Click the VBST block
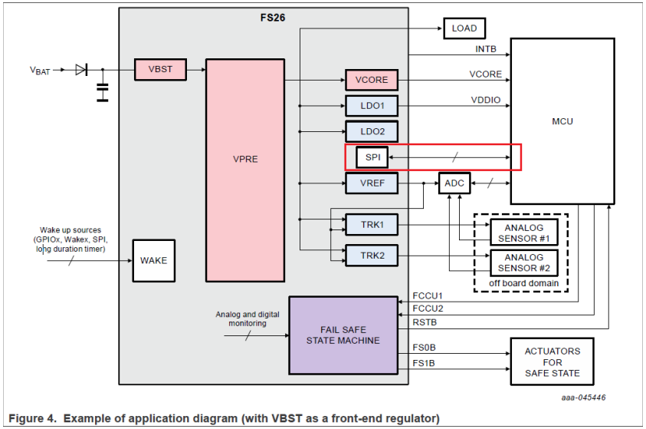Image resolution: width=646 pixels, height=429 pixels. pyautogui.click(x=160, y=69)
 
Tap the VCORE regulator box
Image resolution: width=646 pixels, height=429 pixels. pyautogui.click(x=372, y=80)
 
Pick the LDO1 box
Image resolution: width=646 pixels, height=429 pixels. pyautogui.click(x=372, y=106)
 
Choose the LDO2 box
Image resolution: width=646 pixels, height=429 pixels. pyautogui.click(x=372, y=132)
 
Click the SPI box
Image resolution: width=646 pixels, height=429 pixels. pyautogui.click(x=372, y=157)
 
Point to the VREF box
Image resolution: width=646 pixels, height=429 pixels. pyautogui.click(x=372, y=183)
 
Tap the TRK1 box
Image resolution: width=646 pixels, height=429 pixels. pyautogui.click(x=372, y=225)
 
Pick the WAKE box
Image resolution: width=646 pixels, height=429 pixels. pyautogui.click(x=153, y=260)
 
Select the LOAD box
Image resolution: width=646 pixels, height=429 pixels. pyautogui.click(x=464, y=28)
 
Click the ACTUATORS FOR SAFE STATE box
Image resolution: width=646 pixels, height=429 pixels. pyautogui.click(x=553, y=362)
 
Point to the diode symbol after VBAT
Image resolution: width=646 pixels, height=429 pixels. pyautogui.click(x=81, y=70)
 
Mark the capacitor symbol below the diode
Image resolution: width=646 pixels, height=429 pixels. pyautogui.click(x=102, y=91)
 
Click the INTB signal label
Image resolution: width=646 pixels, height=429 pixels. pyautogui.click(x=486, y=49)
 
